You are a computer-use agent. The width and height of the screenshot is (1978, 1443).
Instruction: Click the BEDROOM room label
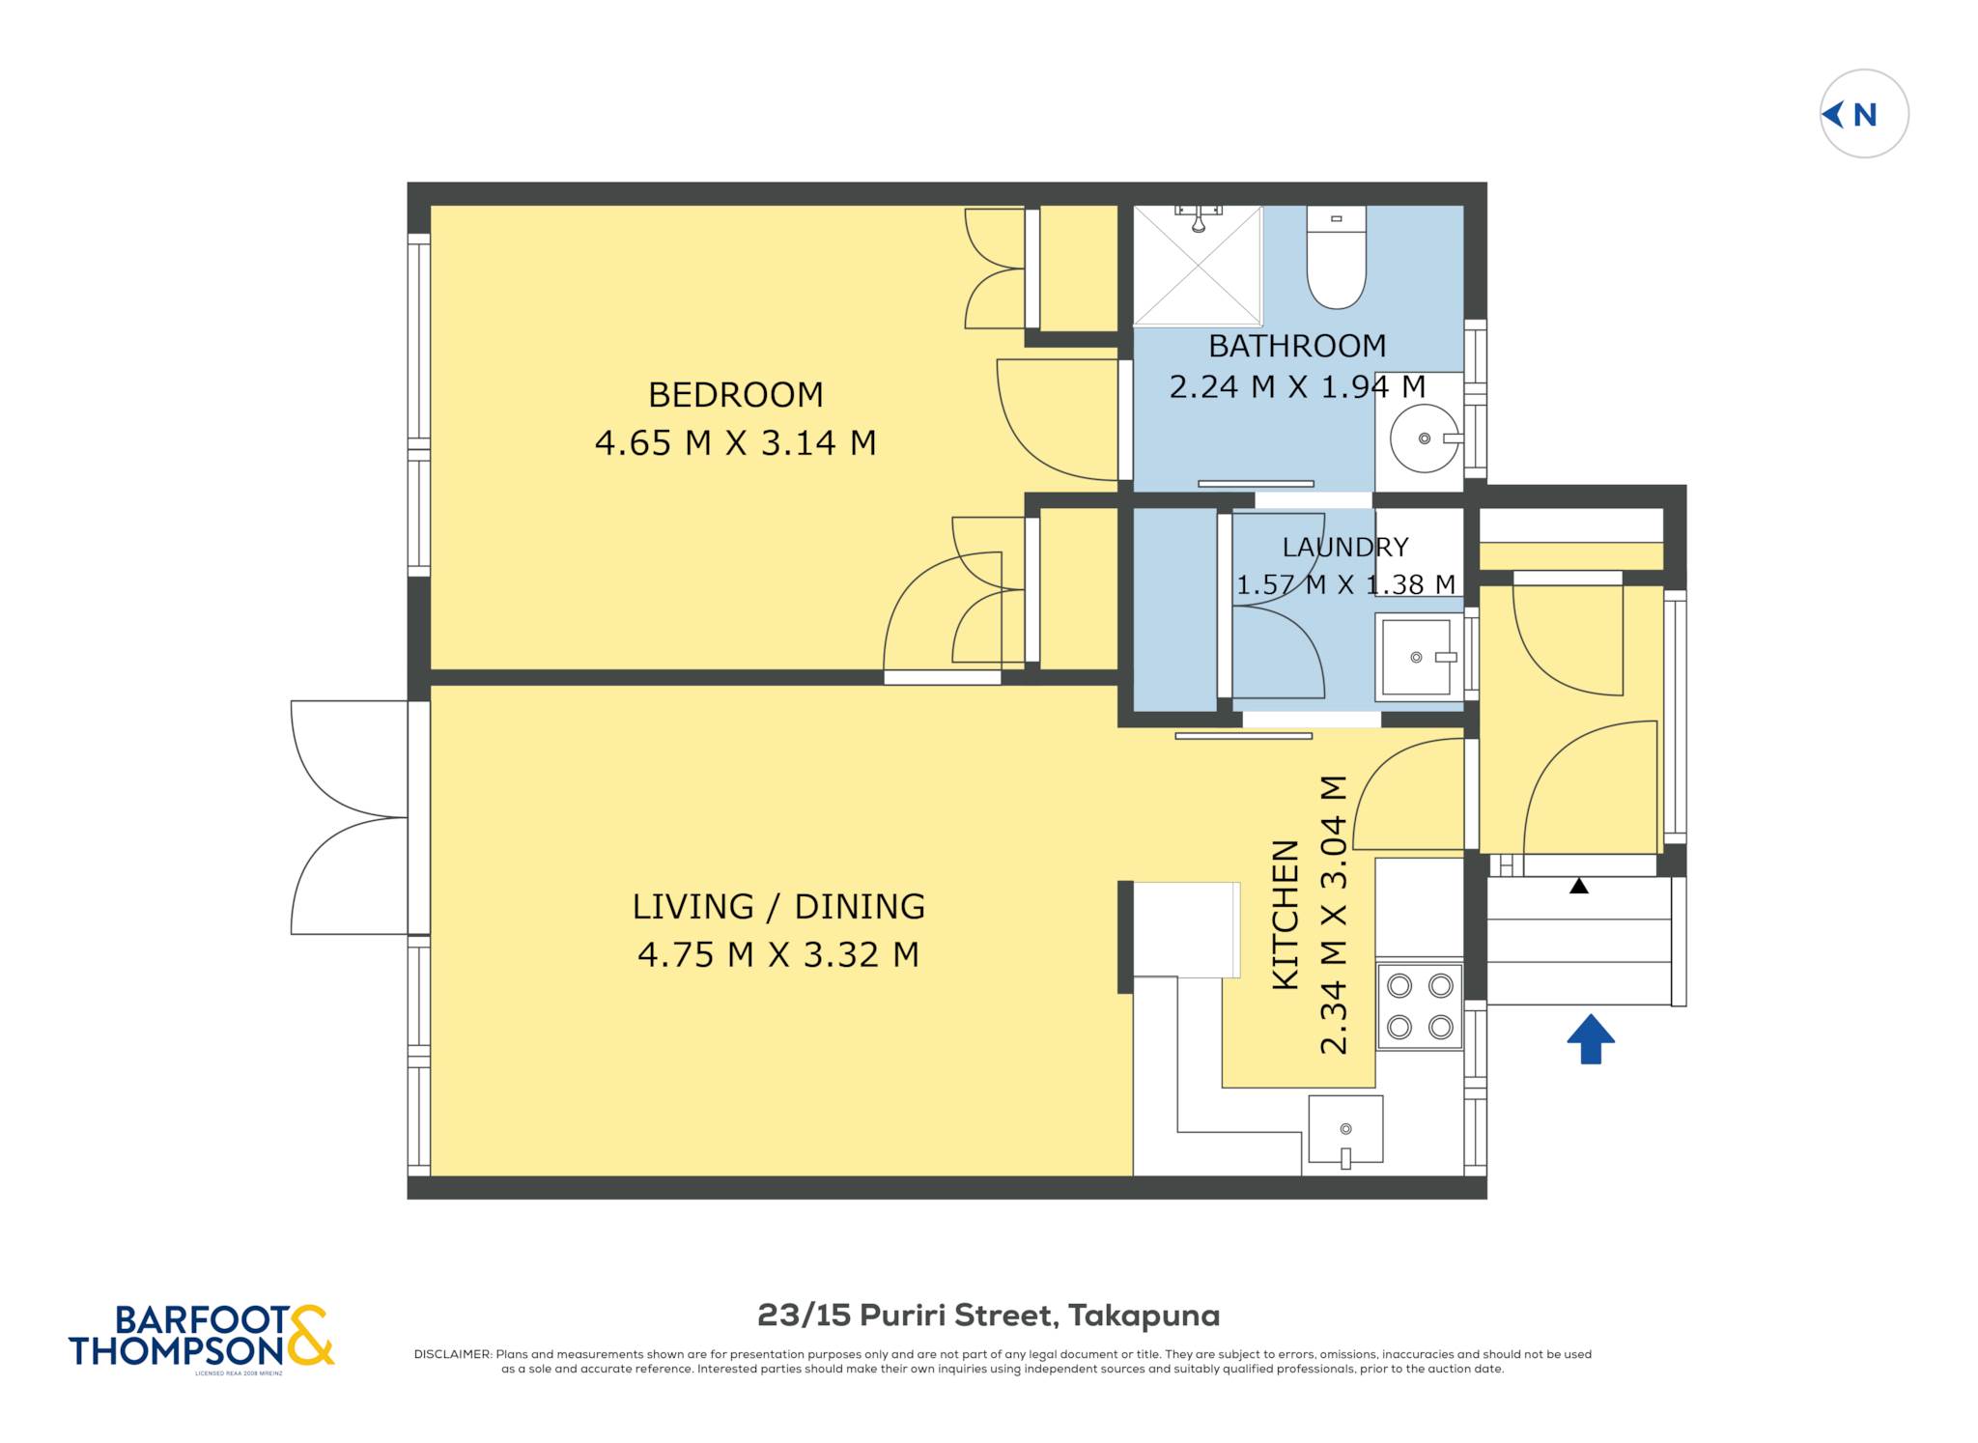[x=735, y=395]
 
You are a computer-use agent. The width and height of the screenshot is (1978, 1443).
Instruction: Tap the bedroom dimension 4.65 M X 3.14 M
[x=735, y=443]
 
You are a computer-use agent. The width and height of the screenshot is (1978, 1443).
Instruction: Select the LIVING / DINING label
[x=778, y=907]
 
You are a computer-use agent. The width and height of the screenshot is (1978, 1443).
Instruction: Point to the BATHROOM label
[x=1297, y=346]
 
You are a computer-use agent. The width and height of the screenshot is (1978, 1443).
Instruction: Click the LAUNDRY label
[x=1345, y=548]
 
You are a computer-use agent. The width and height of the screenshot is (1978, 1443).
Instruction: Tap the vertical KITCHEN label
[x=1286, y=914]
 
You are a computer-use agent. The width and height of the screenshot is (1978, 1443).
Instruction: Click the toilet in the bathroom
[x=1337, y=257]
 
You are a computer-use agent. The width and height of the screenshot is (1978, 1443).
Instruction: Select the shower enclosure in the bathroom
[x=1198, y=266]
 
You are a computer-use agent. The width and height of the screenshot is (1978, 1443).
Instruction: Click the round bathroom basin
[x=1425, y=439]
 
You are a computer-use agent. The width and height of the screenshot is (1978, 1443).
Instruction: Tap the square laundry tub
[x=1417, y=657]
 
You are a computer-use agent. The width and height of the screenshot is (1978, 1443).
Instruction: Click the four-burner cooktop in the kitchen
[x=1420, y=1006]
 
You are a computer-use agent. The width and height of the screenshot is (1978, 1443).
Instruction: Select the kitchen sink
[x=1345, y=1129]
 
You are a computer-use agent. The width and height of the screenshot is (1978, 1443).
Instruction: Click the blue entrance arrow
[x=1591, y=1039]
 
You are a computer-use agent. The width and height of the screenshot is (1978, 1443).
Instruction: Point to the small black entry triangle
[x=1579, y=886]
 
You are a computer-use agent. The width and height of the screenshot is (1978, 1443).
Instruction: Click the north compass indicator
[x=1864, y=114]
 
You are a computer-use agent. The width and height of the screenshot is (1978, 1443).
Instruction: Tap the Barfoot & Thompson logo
[x=202, y=1337]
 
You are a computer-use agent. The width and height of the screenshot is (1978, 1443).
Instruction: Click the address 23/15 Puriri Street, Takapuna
[x=988, y=1316]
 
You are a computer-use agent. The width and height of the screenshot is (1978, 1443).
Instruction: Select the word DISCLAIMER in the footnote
[x=453, y=1354]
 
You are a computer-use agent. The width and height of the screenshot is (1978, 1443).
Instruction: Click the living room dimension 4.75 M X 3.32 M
[x=778, y=955]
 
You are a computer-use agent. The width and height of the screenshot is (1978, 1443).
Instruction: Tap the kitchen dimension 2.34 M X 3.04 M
[x=1333, y=914]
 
